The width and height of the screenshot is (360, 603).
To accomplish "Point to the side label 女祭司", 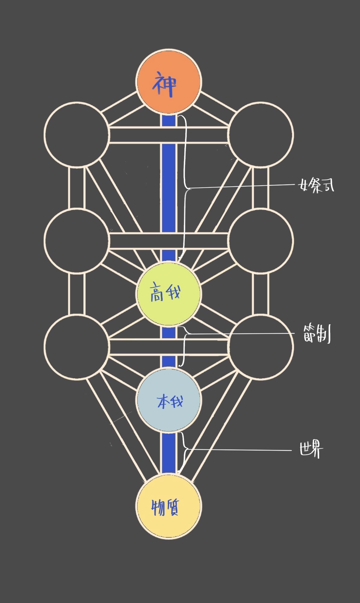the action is tap(316, 186).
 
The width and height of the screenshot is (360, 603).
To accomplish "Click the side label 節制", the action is tap(317, 335).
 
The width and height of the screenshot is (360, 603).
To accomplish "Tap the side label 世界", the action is tap(311, 450).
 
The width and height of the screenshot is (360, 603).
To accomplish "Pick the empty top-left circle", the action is tap(76, 135).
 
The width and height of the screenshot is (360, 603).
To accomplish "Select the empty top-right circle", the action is tap(261, 135).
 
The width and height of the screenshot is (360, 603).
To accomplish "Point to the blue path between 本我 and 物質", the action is tap(168, 453).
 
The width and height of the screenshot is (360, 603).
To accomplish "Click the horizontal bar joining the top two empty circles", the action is tap(169, 135).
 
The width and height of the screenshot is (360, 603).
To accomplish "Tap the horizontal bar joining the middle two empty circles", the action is tap(169, 240).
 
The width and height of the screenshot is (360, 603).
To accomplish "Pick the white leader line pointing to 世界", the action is tap(238, 450).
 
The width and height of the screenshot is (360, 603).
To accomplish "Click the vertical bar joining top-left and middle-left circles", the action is tap(76, 187).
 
